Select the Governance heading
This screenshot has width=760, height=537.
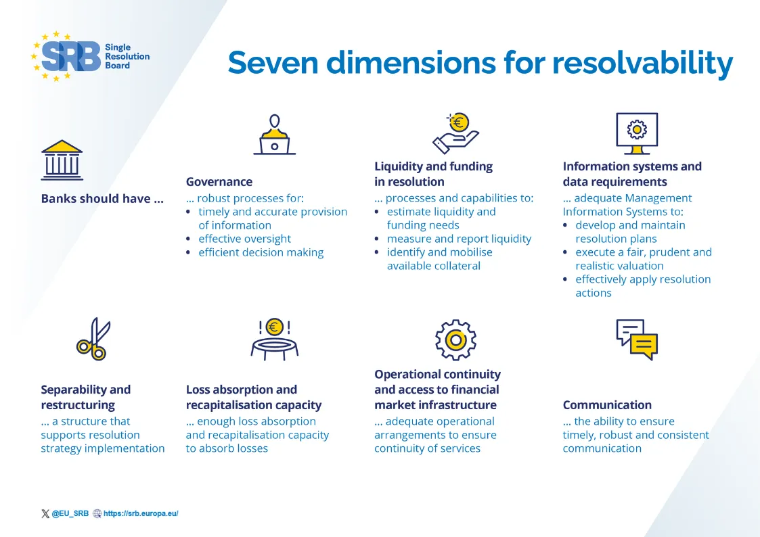pos(219,181)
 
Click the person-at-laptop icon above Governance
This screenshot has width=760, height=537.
pos(274,135)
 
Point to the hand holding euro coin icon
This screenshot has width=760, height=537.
pos(455,133)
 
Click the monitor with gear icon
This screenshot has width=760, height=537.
pos(636,133)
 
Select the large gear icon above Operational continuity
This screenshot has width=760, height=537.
pos(455,340)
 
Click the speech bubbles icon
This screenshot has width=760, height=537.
pos(636,340)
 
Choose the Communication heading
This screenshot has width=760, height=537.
pos(607,405)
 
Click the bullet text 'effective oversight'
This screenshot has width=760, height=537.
pos(244,239)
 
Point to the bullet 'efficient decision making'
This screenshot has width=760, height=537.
pos(261,252)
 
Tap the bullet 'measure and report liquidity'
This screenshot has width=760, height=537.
pos(459,239)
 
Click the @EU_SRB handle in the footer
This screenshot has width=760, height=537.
pos(70,513)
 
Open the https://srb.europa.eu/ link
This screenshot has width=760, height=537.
pos(141,513)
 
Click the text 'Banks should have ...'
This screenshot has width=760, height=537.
pos(102,199)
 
